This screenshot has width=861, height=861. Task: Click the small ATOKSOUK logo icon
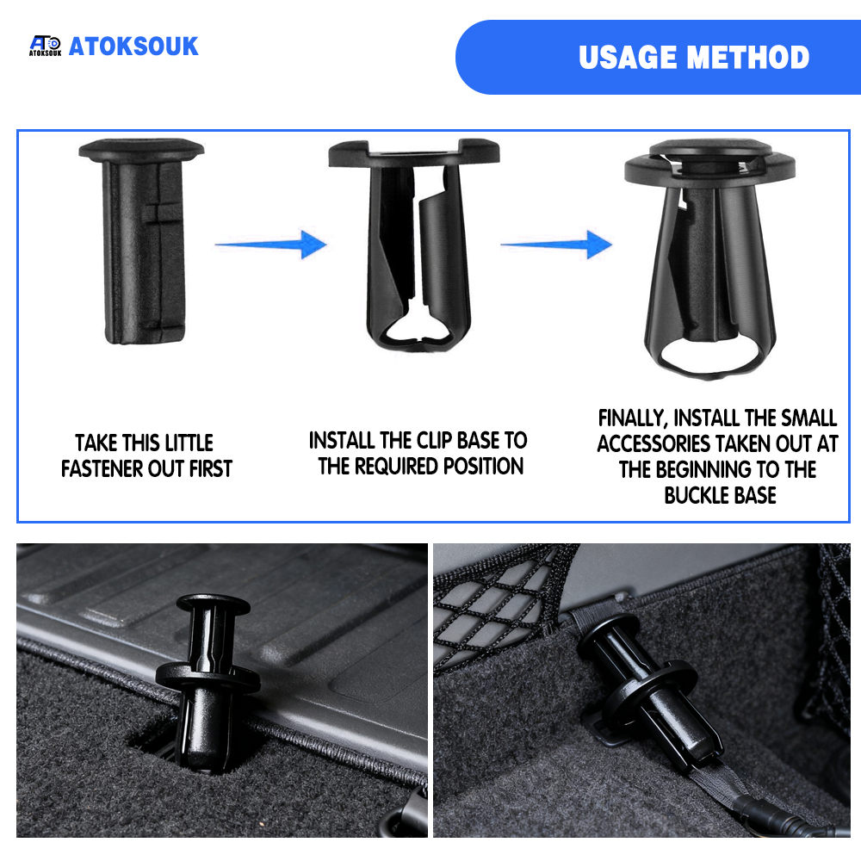pos(45,46)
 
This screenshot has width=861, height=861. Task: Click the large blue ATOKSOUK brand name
pos(133,46)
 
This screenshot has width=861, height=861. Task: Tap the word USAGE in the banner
pos(627,57)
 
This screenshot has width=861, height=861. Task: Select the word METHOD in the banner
pos(748,57)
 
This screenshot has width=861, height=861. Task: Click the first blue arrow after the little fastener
pos(270,245)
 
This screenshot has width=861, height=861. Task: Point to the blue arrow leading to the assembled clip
pos(556,245)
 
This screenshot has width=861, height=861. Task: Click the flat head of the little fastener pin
pos(141,149)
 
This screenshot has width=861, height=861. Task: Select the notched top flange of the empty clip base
pos(414,154)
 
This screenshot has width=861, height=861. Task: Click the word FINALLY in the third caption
pos(632,418)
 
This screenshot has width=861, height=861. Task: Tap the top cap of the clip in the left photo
pos(214,604)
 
